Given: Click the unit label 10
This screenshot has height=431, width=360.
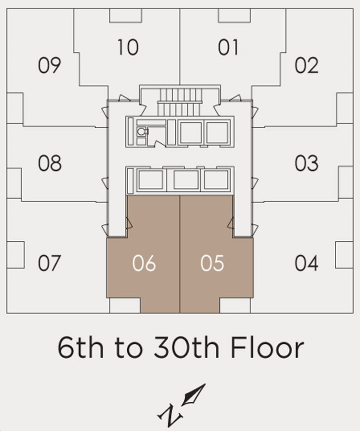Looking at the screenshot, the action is [128, 47].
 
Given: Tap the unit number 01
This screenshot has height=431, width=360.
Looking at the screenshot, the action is [228, 47].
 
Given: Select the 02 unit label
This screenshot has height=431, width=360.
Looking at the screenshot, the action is [307, 65].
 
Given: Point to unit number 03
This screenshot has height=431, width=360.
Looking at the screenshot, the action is [307, 163].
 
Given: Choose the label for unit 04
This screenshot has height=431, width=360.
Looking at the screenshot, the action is [307, 263].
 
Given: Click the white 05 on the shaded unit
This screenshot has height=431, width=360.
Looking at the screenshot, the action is [212, 263].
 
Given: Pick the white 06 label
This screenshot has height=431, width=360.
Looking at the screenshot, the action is [144, 263].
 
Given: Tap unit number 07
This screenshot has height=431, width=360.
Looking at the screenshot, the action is [50, 263].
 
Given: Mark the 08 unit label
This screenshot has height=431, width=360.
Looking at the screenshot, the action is [50, 163].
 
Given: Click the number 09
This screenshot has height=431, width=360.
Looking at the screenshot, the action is [50, 65].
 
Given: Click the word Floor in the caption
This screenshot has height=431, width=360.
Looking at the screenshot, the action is [267, 347].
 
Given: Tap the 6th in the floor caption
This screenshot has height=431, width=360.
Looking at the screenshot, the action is [81, 347].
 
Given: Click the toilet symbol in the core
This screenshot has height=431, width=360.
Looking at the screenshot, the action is [142, 132].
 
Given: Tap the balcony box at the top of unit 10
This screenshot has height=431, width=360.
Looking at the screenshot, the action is [126, 15].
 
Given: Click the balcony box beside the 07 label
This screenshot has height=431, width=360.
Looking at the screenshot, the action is [16, 255].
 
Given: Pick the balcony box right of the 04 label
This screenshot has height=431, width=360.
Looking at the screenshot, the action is [344, 255].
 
